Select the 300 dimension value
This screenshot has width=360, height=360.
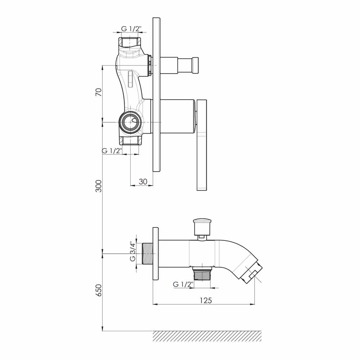99,186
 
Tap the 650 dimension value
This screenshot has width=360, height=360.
99,290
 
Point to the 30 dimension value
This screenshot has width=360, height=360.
143,181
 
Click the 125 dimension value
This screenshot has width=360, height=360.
206,300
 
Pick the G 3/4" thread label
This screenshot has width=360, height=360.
133,251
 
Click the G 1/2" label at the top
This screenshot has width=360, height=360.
131,29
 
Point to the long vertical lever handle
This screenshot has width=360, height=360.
202,145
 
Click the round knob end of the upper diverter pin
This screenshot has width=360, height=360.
195,66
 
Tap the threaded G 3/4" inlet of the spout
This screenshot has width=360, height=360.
148,253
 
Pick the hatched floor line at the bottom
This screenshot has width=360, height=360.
207,336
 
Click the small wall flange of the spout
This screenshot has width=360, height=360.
156,254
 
